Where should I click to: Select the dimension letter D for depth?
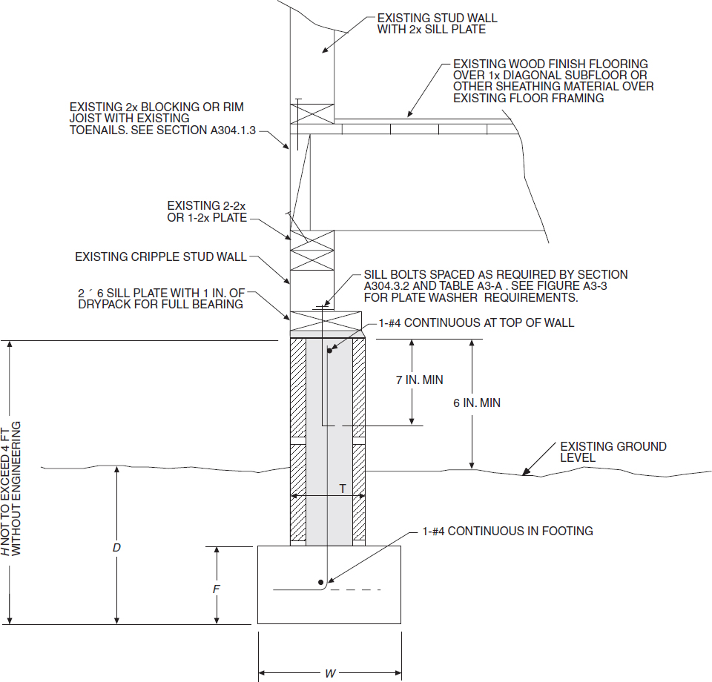[x=116, y=548]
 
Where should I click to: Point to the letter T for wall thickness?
[x=342, y=489]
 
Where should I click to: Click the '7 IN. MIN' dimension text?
[x=419, y=380]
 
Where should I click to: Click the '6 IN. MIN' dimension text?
[x=477, y=403]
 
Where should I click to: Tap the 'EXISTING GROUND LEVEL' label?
[x=613, y=452]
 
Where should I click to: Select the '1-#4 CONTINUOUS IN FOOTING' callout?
[x=507, y=531]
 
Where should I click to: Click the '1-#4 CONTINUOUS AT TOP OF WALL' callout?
[x=479, y=323]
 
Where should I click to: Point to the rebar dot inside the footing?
[x=320, y=582]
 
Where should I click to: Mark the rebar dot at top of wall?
[x=330, y=351]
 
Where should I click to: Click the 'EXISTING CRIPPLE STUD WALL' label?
[x=160, y=257]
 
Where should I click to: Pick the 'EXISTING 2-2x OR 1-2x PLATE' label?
[x=206, y=211]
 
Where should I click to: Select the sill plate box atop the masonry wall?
[x=326, y=324]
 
